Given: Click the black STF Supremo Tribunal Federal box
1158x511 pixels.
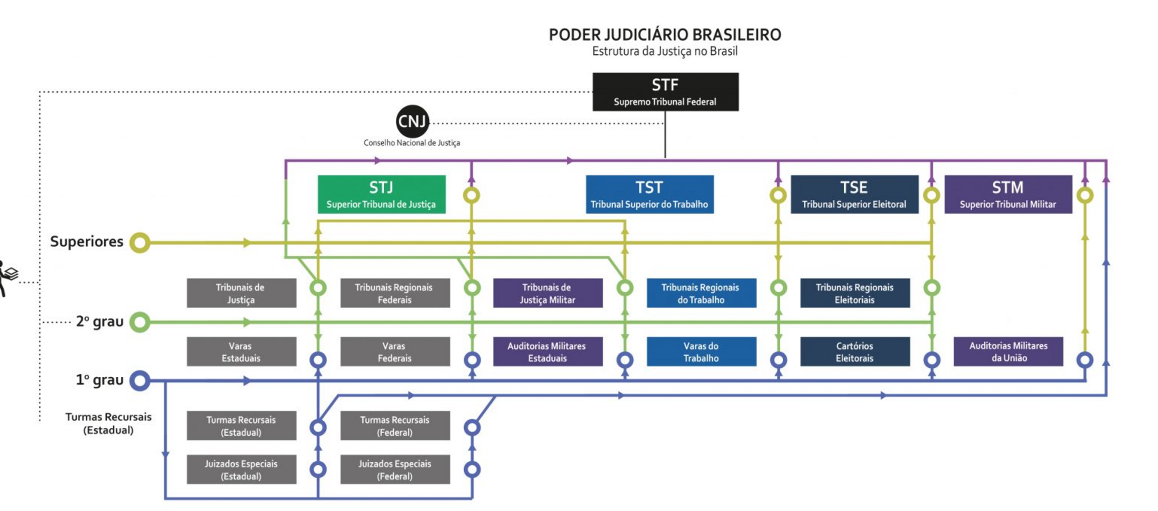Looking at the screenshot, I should [x=665, y=92].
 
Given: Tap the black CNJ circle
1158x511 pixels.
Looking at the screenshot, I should [x=412, y=122].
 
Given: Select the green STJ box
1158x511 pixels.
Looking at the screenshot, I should [x=382, y=194].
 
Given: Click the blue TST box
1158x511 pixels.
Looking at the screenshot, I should [x=650, y=194].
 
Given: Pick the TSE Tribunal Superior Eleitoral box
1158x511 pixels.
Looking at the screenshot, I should [x=854, y=194].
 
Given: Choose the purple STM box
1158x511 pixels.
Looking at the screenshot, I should [x=1008, y=194].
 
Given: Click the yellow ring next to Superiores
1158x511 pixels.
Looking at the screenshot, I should [x=140, y=243].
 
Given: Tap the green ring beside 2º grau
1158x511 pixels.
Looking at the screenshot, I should [x=140, y=322].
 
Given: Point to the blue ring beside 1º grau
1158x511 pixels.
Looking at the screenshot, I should [x=140, y=380].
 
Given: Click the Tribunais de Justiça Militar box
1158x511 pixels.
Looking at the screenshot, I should [x=547, y=293].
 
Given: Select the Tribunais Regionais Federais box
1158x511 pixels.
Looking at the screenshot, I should [x=395, y=293].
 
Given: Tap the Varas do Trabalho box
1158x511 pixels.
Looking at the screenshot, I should [x=701, y=352].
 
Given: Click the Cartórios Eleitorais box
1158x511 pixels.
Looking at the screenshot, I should [x=855, y=352].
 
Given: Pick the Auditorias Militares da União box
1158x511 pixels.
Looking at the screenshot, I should [x=1008, y=352].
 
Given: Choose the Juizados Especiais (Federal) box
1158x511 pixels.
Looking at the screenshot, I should [x=395, y=469].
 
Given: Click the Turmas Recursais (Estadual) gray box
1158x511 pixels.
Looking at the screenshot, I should [x=241, y=426].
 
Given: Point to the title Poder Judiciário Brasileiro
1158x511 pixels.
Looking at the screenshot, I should [x=665, y=35].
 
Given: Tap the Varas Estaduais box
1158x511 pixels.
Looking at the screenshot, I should [x=241, y=352].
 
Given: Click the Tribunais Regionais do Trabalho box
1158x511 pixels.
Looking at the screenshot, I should [x=701, y=293].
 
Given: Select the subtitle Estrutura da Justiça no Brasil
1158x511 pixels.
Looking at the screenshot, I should [x=665, y=52].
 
